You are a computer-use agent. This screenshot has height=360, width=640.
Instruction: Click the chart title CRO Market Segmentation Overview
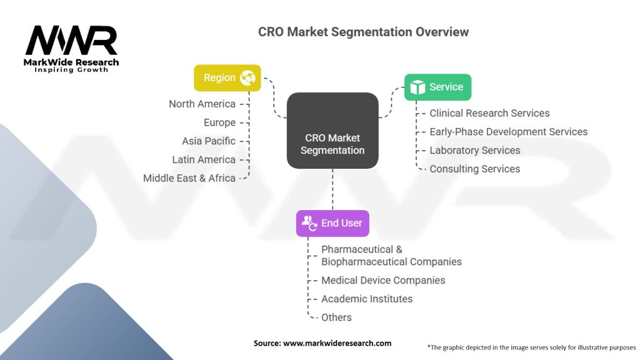point(363,32)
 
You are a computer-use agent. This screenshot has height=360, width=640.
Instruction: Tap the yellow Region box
point(227,77)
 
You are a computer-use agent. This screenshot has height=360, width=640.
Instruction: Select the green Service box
point(437,87)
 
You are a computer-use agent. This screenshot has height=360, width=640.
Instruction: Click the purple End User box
point(332,223)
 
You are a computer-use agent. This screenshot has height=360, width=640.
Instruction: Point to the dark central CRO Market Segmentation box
point(332,131)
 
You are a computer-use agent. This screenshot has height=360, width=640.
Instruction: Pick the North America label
point(202,104)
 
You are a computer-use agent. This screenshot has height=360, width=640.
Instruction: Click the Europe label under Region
point(219,122)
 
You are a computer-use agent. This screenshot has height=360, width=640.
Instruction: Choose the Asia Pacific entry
point(209,141)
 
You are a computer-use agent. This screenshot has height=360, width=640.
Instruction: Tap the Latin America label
point(204,159)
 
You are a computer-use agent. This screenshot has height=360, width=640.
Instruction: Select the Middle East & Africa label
point(189,178)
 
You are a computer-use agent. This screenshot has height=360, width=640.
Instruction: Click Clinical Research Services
point(489,113)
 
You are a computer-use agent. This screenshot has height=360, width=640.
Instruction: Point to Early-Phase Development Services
point(509,132)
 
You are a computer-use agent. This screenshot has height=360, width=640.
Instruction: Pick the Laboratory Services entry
point(475,150)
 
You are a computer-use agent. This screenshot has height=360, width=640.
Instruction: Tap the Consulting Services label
point(475,169)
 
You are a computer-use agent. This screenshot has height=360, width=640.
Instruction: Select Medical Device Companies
point(383,281)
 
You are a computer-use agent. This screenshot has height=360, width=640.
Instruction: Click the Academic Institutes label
point(367,299)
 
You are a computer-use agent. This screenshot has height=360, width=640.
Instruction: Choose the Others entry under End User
point(336,317)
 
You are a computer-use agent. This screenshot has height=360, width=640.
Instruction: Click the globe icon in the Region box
point(247,77)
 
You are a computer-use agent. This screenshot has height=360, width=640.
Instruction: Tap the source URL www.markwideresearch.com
point(337,343)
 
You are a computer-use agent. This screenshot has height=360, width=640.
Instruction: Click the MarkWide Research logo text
point(71,62)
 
